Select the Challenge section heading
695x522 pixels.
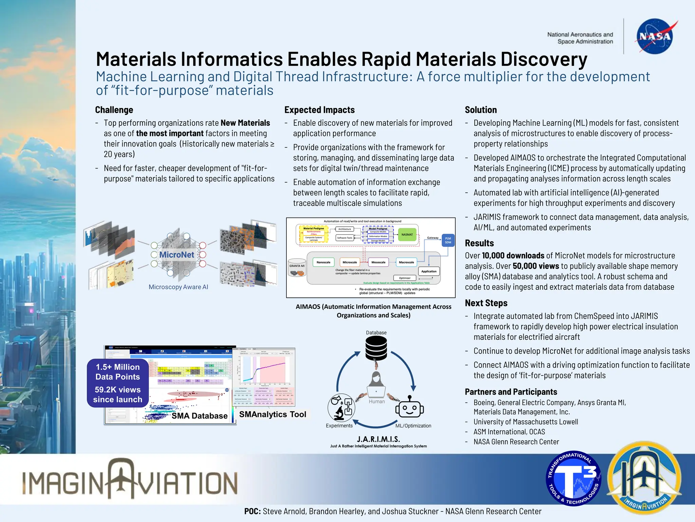[114, 110]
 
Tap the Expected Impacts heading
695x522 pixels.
[319, 110]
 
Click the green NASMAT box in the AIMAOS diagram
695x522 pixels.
[407, 234]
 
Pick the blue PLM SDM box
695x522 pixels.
[448, 240]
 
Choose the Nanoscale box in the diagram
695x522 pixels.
[323, 262]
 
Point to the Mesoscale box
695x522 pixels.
[378, 262]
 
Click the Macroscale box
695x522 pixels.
[406, 262]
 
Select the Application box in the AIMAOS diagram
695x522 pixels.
[429, 271]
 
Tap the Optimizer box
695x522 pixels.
[405, 278]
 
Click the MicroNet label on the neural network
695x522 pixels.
[176, 255]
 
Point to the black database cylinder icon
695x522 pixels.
[376, 349]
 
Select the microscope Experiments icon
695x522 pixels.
[341, 407]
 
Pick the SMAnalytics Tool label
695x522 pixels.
[273, 414]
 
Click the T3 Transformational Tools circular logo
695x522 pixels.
[573, 478]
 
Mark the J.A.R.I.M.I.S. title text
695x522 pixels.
[378, 439]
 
